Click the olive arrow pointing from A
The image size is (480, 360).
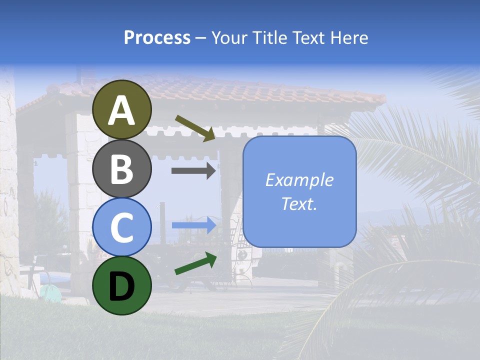click(195, 128)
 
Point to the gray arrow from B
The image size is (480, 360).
click(193, 170)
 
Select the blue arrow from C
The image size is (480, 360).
click(193, 225)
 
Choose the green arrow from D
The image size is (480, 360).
click(195, 263)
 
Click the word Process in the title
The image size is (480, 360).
click(157, 37)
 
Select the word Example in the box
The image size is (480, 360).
click(299, 180)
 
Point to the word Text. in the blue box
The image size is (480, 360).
click(299, 203)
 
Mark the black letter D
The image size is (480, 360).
click(122, 286)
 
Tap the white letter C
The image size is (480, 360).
click(122, 227)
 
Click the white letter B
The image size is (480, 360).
click(122, 169)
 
